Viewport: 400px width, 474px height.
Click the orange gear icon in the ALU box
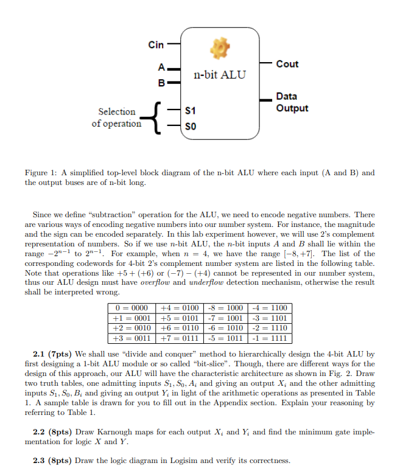click(x=220, y=47)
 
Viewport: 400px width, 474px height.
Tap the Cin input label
click(x=156, y=44)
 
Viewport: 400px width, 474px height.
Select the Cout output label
click(x=287, y=64)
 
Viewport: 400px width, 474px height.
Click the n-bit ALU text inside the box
click(x=220, y=75)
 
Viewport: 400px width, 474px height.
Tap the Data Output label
click(x=292, y=102)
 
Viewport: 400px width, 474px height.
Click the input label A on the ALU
click(x=161, y=68)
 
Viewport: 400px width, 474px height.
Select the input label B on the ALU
click(x=161, y=82)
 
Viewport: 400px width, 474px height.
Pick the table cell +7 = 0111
click(x=178, y=338)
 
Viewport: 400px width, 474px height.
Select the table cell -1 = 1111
click(x=270, y=338)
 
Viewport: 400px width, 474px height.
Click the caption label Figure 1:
click(x=41, y=173)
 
